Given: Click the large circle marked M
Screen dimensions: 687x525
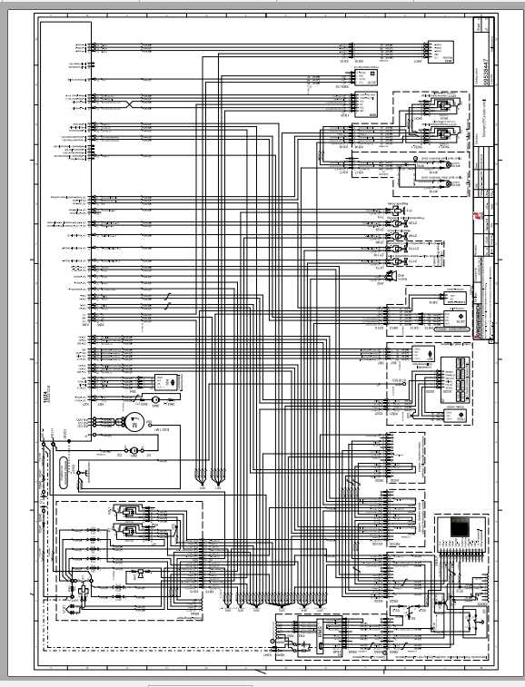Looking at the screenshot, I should (134, 421).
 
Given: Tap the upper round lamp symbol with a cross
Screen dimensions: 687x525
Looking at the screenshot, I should (446, 167).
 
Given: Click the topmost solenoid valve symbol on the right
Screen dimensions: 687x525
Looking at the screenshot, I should (397, 211).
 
